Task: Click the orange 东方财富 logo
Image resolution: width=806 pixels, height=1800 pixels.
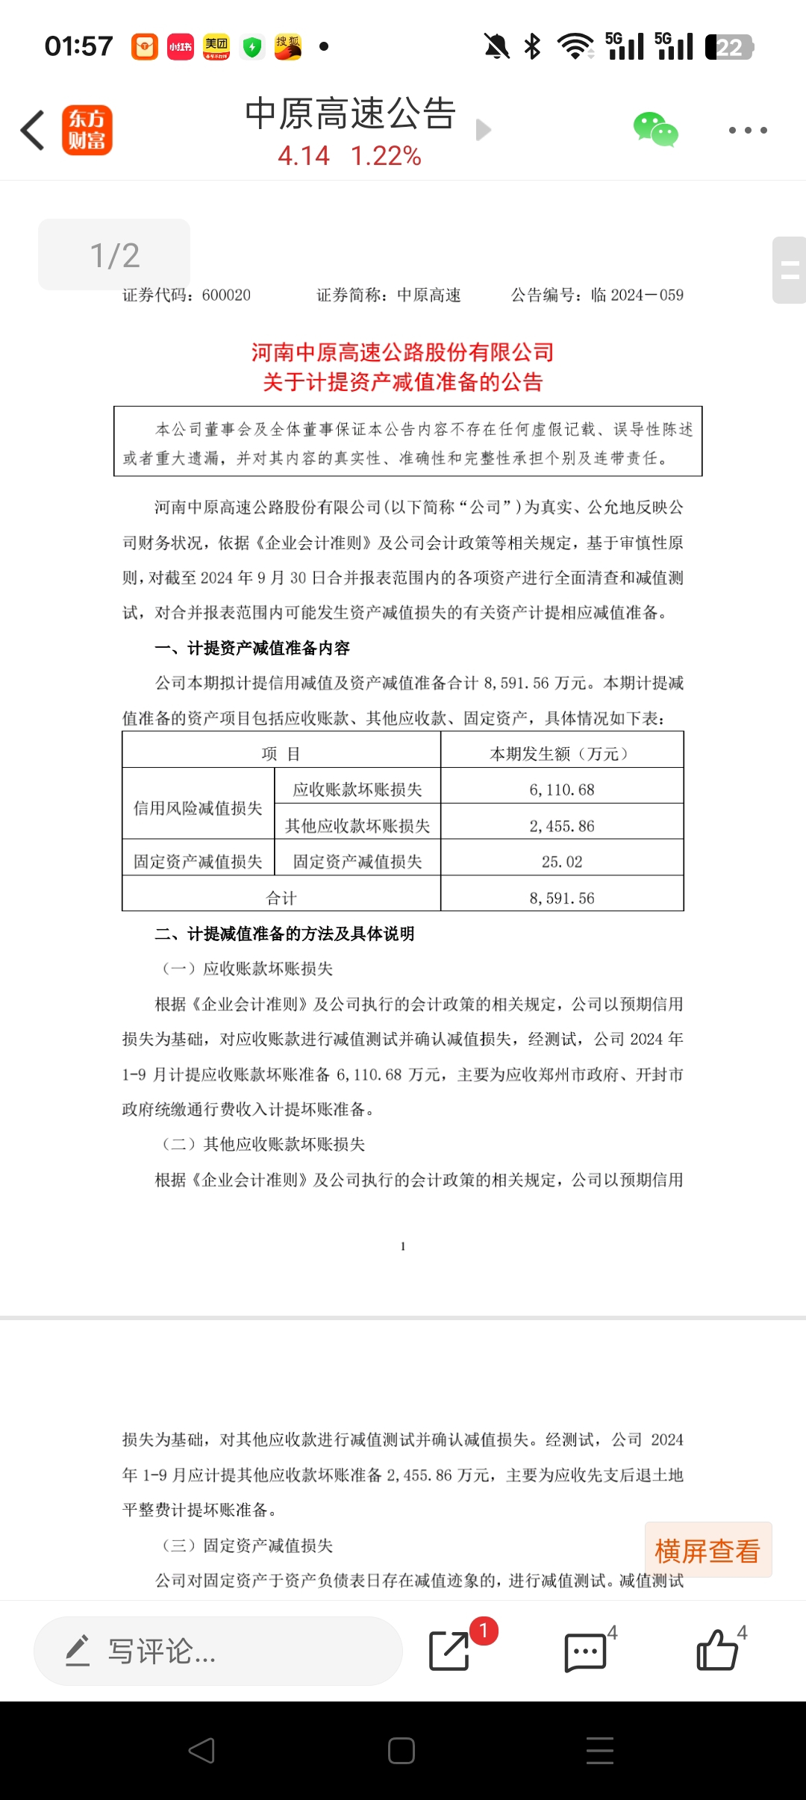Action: tap(87, 130)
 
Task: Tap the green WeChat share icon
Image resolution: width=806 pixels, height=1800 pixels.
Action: tap(655, 130)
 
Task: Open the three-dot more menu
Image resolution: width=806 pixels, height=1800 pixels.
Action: tap(748, 131)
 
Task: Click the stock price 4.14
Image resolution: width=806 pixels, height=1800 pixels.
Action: tap(304, 156)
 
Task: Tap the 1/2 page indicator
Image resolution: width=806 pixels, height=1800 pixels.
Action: tap(114, 255)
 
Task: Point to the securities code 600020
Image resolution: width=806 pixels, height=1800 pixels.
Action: tap(226, 296)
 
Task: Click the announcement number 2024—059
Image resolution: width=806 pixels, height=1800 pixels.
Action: tap(646, 296)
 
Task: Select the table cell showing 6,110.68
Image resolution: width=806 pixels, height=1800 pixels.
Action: tap(562, 790)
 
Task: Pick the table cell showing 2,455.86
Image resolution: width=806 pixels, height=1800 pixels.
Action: tap(562, 826)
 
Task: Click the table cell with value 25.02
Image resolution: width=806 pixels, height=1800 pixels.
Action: tap(562, 862)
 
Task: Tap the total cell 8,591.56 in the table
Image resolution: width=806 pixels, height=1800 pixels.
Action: tap(562, 899)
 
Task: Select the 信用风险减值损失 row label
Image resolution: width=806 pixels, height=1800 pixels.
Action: tap(198, 808)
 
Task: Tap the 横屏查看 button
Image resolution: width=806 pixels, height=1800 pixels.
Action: tap(707, 1551)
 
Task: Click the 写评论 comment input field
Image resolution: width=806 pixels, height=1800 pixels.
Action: tap(218, 1651)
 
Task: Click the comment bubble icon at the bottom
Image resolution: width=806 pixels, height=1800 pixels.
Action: tap(585, 1651)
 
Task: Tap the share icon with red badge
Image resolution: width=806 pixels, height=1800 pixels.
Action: tap(450, 1651)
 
